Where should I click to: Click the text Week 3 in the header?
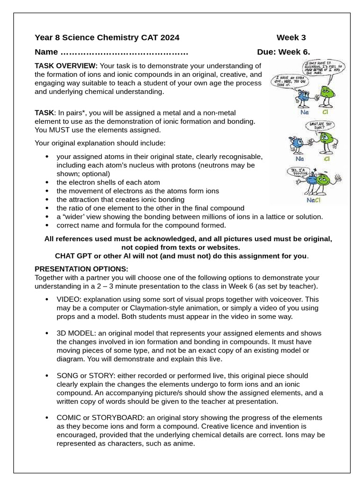pyautogui.click(x=291, y=38)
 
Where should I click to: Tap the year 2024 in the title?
pyautogui.click(x=170, y=38)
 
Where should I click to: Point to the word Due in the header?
pyautogui.click(x=266, y=52)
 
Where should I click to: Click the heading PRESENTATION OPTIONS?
pyautogui.click(x=81, y=269)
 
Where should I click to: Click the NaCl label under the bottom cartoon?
pyautogui.click(x=313, y=200)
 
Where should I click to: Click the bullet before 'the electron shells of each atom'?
pyautogui.click(x=46, y=182)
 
